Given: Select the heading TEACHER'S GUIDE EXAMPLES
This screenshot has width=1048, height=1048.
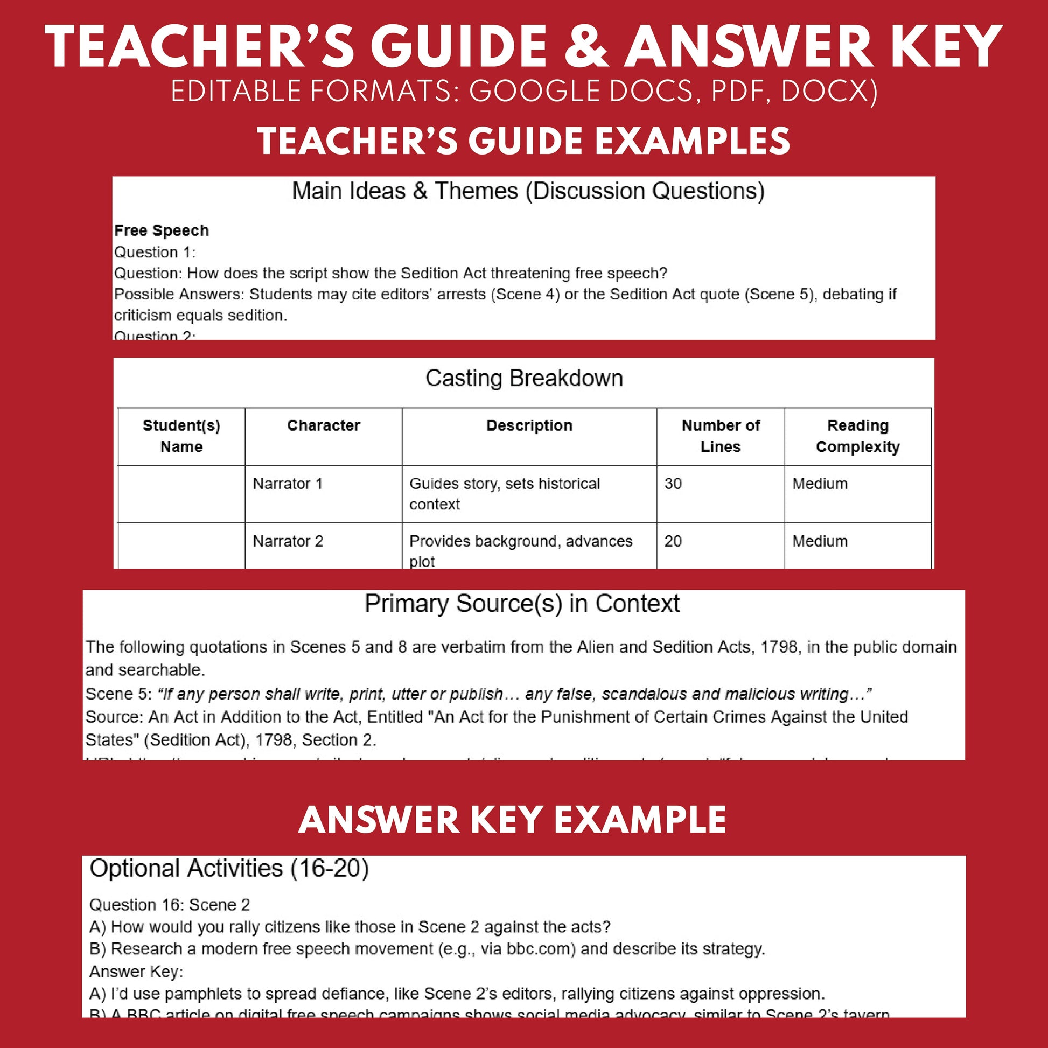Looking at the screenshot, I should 523,141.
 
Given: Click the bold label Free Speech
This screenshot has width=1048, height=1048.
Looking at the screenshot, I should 161,230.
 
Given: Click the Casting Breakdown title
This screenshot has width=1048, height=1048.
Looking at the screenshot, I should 524,378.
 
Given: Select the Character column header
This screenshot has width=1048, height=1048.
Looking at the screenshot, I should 323,425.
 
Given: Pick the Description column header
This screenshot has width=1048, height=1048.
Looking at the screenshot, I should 529,425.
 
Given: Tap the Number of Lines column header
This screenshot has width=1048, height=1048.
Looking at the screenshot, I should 721,436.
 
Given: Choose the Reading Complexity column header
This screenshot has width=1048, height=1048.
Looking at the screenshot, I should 857,436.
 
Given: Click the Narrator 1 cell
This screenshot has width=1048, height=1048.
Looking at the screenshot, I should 288,483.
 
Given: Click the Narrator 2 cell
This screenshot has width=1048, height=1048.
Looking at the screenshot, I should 288,541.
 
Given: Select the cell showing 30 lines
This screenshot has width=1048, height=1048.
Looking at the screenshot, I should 673,483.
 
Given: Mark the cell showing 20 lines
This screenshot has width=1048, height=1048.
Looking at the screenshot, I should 673,541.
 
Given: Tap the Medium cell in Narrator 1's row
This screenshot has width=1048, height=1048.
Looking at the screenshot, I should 820,483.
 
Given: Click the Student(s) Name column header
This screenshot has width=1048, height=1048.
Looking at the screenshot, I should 181,436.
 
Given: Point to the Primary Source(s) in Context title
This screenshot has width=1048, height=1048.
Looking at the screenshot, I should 522,603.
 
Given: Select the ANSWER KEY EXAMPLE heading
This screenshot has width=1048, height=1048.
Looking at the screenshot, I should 512,820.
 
